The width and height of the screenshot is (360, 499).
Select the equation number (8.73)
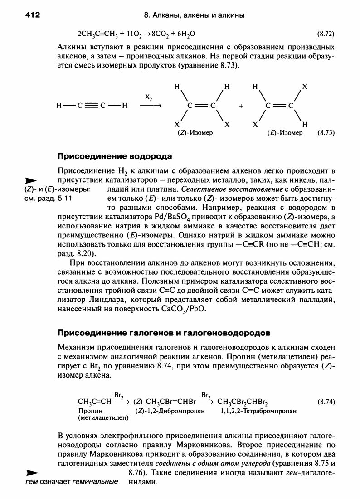tap(326, 133)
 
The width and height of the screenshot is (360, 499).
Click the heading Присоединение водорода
tap(114, 157)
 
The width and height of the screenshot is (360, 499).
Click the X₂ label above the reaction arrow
tap(148, 97)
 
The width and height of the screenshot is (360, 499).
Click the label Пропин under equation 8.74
tap(88, 411)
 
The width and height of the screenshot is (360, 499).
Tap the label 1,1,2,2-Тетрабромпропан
tap(258, 411)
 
